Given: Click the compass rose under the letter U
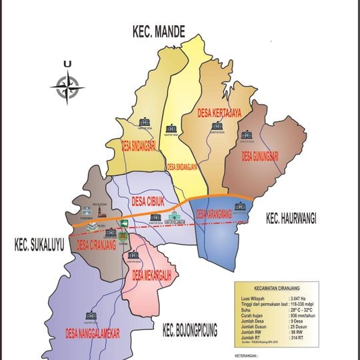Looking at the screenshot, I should click(67, 87).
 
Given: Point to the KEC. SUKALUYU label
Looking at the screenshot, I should click(39, 246).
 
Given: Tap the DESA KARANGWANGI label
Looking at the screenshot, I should click(218, 215).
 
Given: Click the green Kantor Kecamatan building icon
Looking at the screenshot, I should click(175, 217).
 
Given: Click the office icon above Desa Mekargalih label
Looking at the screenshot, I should click(133, 255).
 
